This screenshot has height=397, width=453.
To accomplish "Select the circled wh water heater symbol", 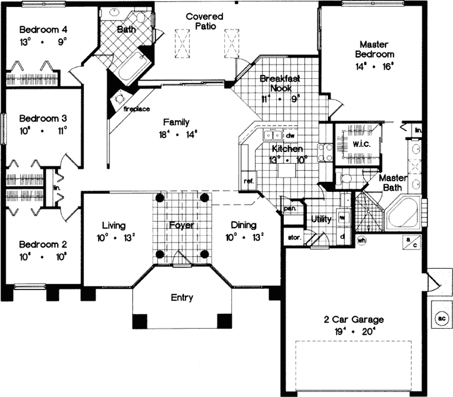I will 362,239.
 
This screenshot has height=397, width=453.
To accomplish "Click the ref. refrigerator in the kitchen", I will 247,181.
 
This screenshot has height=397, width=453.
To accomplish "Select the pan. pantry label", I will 289,208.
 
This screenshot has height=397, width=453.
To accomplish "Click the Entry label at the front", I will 181,298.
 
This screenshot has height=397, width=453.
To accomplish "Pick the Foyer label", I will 182,225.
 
